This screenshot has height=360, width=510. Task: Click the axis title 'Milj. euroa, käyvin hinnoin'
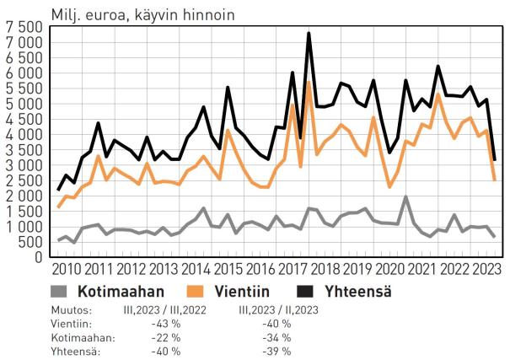click(142, 14)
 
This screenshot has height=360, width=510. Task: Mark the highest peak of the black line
click(309, 34)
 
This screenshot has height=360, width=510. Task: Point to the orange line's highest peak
click(309, 83)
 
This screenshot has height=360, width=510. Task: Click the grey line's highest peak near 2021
click(405, 197)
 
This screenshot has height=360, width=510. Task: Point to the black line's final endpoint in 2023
click(494, 159)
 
